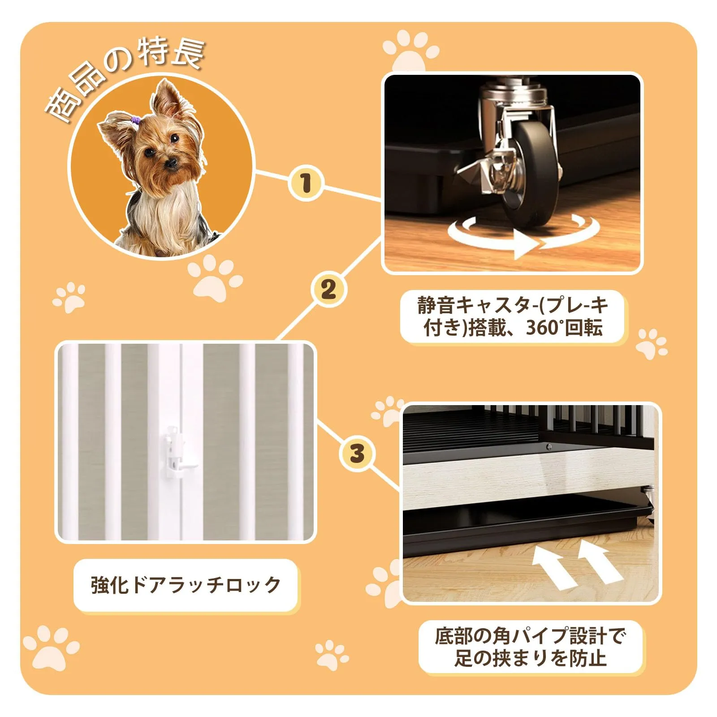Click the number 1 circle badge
coord(306,184)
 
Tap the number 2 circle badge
coord(328,289)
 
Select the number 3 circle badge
coord(357,454)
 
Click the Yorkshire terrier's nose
coord(171,163)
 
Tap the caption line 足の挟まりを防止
coord(530,658)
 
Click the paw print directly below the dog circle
coord(214,279)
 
